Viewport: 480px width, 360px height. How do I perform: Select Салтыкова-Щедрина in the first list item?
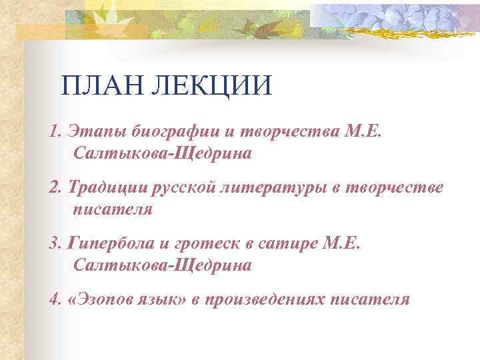[163, 153]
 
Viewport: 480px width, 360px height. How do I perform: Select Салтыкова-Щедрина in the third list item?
[163, 265]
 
